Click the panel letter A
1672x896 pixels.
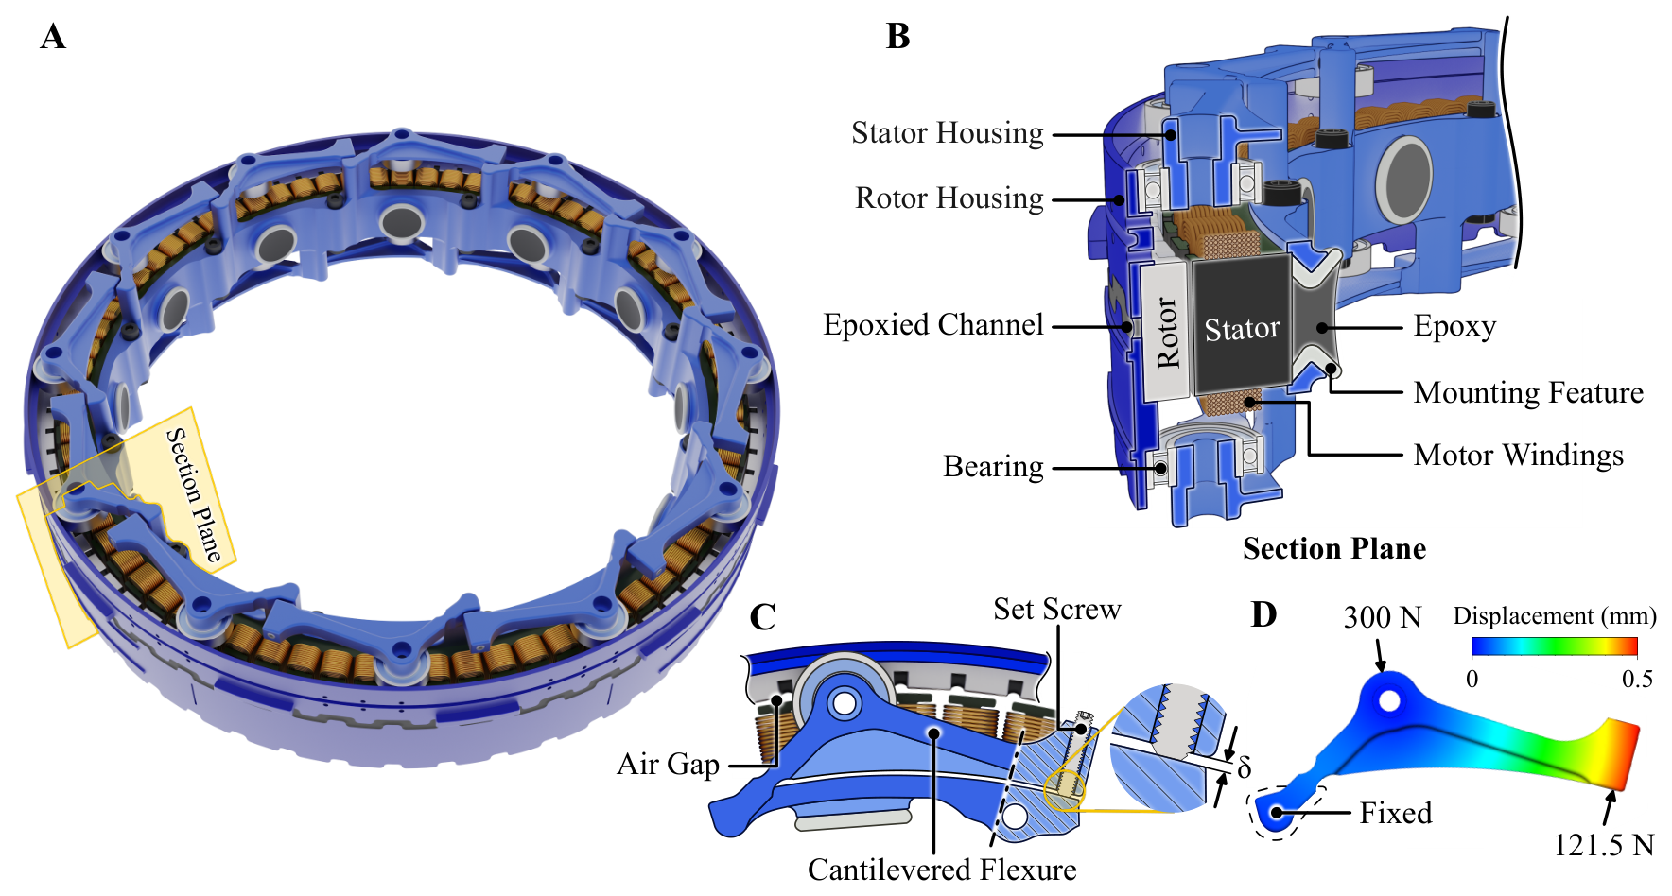53,37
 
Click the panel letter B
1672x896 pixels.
897,37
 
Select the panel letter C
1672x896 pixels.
762,617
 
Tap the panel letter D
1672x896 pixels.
1263,614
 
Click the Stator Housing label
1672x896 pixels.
948,133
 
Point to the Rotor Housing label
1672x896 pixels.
949,198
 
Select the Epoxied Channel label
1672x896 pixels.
933,325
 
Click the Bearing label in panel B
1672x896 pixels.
994,467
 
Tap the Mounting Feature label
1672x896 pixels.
1528,392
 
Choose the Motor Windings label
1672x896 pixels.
1519,456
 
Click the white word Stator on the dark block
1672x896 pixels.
1242,329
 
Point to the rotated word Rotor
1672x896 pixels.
1169,333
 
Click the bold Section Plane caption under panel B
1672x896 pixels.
1334,549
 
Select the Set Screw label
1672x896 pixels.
1057,610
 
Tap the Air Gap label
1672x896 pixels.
668,764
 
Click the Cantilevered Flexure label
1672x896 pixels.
942,870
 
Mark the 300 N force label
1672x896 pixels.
1383,618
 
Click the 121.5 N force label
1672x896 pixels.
1604,845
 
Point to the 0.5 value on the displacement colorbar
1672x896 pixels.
1637,680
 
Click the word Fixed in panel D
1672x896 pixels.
1396,813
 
